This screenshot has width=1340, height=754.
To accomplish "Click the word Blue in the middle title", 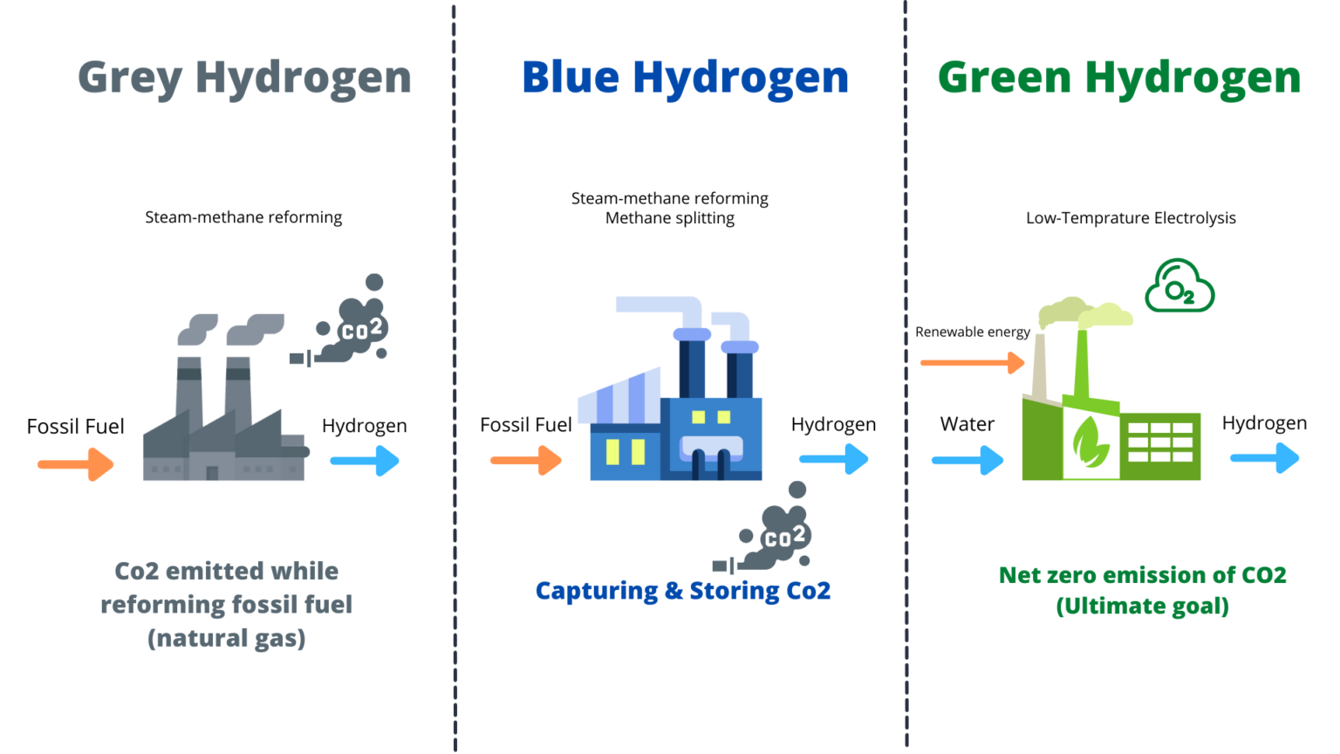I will (x=571, y=78).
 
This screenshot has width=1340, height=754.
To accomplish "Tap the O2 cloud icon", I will (x=1179, y=287).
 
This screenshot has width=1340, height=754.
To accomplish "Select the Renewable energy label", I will (x=972, y=332).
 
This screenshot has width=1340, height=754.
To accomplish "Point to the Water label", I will (x=967, y=424).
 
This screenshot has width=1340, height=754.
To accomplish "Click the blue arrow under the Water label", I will (x=967, y=460).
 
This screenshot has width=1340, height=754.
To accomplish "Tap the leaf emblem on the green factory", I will (x=1090, y=442).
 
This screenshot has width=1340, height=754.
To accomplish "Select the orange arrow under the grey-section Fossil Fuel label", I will (x=76, y=464).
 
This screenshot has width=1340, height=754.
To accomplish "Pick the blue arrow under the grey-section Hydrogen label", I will (x=365, y=461).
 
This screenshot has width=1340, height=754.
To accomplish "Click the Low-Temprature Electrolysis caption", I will (x=1131, y=218).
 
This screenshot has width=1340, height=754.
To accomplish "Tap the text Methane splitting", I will (x=670, y=218).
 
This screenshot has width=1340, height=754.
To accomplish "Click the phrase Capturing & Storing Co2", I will (x=682, y=592).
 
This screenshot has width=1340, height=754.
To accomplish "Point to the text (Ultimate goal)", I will (x=1142, y=607).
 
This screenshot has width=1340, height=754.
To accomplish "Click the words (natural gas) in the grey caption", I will (x=227, y=639).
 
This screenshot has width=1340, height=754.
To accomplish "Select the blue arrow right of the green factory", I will (x=1264, y=458).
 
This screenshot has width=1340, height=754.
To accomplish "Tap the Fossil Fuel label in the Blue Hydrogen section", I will (x=525, y=425).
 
